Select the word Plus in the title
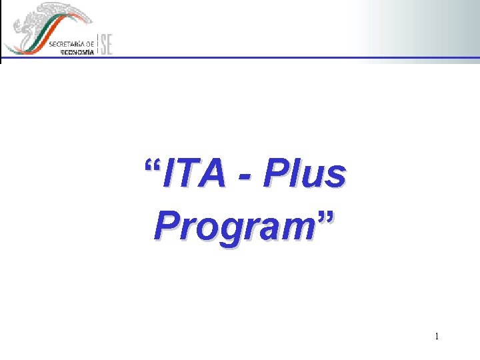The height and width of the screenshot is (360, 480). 305,175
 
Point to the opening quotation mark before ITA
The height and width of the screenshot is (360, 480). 153,165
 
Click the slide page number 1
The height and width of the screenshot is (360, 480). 437,337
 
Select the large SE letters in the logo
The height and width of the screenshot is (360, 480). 106,44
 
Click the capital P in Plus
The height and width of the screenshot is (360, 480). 274,175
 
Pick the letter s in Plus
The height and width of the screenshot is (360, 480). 337,177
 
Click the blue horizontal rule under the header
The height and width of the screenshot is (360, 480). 267,57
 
